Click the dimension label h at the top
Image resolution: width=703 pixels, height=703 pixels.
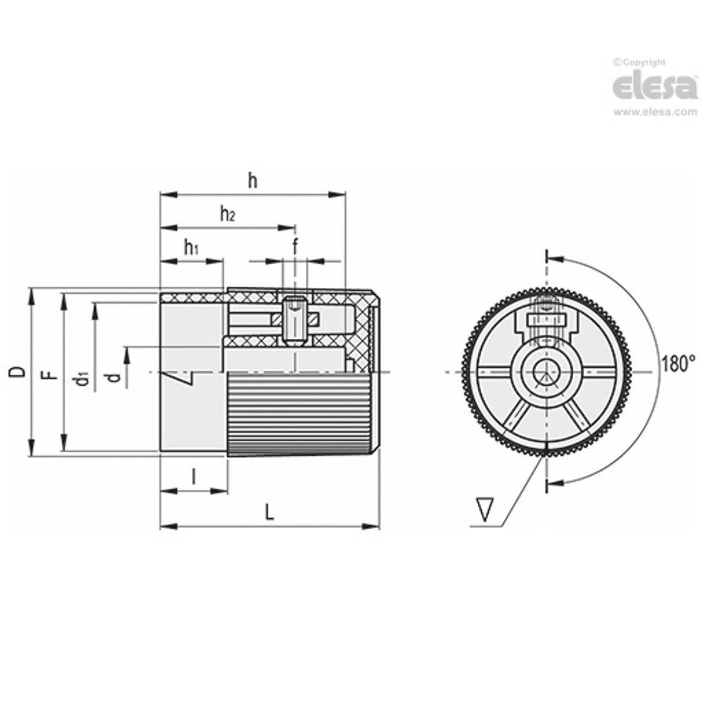pos(252,181)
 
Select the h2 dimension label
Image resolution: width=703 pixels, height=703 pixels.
pos(228,215)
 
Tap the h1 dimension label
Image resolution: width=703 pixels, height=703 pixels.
pos(192,248)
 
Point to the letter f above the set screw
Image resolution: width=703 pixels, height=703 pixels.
pos(295,247)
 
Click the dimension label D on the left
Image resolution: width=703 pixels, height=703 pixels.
pos(19,372)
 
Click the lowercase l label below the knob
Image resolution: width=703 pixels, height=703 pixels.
pos(193,477)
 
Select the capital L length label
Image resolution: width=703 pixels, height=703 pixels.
pos(269,512)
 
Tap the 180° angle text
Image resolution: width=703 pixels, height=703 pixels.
pos(677,365)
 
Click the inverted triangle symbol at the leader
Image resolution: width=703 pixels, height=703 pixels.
pos(485,510)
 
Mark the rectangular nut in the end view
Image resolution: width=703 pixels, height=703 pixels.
pos(545,320)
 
